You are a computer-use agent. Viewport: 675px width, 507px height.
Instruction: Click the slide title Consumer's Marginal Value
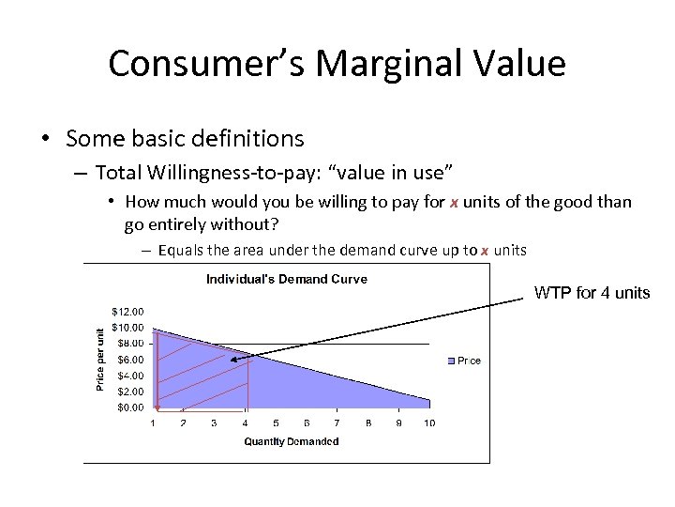point(337,64)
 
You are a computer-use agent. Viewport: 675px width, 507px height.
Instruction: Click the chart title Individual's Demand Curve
point(286,279)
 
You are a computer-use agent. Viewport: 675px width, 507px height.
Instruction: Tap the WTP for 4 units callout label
point(592,293)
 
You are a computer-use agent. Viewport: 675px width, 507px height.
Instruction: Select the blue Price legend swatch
point(451,361)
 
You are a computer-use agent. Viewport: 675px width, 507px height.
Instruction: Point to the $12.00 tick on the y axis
point(127,311)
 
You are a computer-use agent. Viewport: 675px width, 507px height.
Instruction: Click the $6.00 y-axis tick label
point(130,360)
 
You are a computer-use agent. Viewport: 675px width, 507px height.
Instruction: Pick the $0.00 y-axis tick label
point(130,407)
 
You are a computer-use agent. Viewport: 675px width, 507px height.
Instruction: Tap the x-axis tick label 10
point(429,423)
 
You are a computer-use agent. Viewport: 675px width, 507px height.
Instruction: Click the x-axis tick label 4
point(245,423)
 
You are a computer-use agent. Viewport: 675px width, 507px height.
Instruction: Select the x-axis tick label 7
point(337,423)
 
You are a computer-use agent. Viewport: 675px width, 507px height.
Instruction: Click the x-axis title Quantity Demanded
point(291,441)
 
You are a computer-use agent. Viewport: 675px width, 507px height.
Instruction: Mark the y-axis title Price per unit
point(100,359)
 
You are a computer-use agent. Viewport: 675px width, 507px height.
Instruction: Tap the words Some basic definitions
point(185,139)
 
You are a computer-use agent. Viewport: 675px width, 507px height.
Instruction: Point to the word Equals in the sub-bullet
point(177,250)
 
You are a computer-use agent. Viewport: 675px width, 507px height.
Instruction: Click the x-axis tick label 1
point(154,423)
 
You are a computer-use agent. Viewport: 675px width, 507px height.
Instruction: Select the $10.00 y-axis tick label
point(127,328)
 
